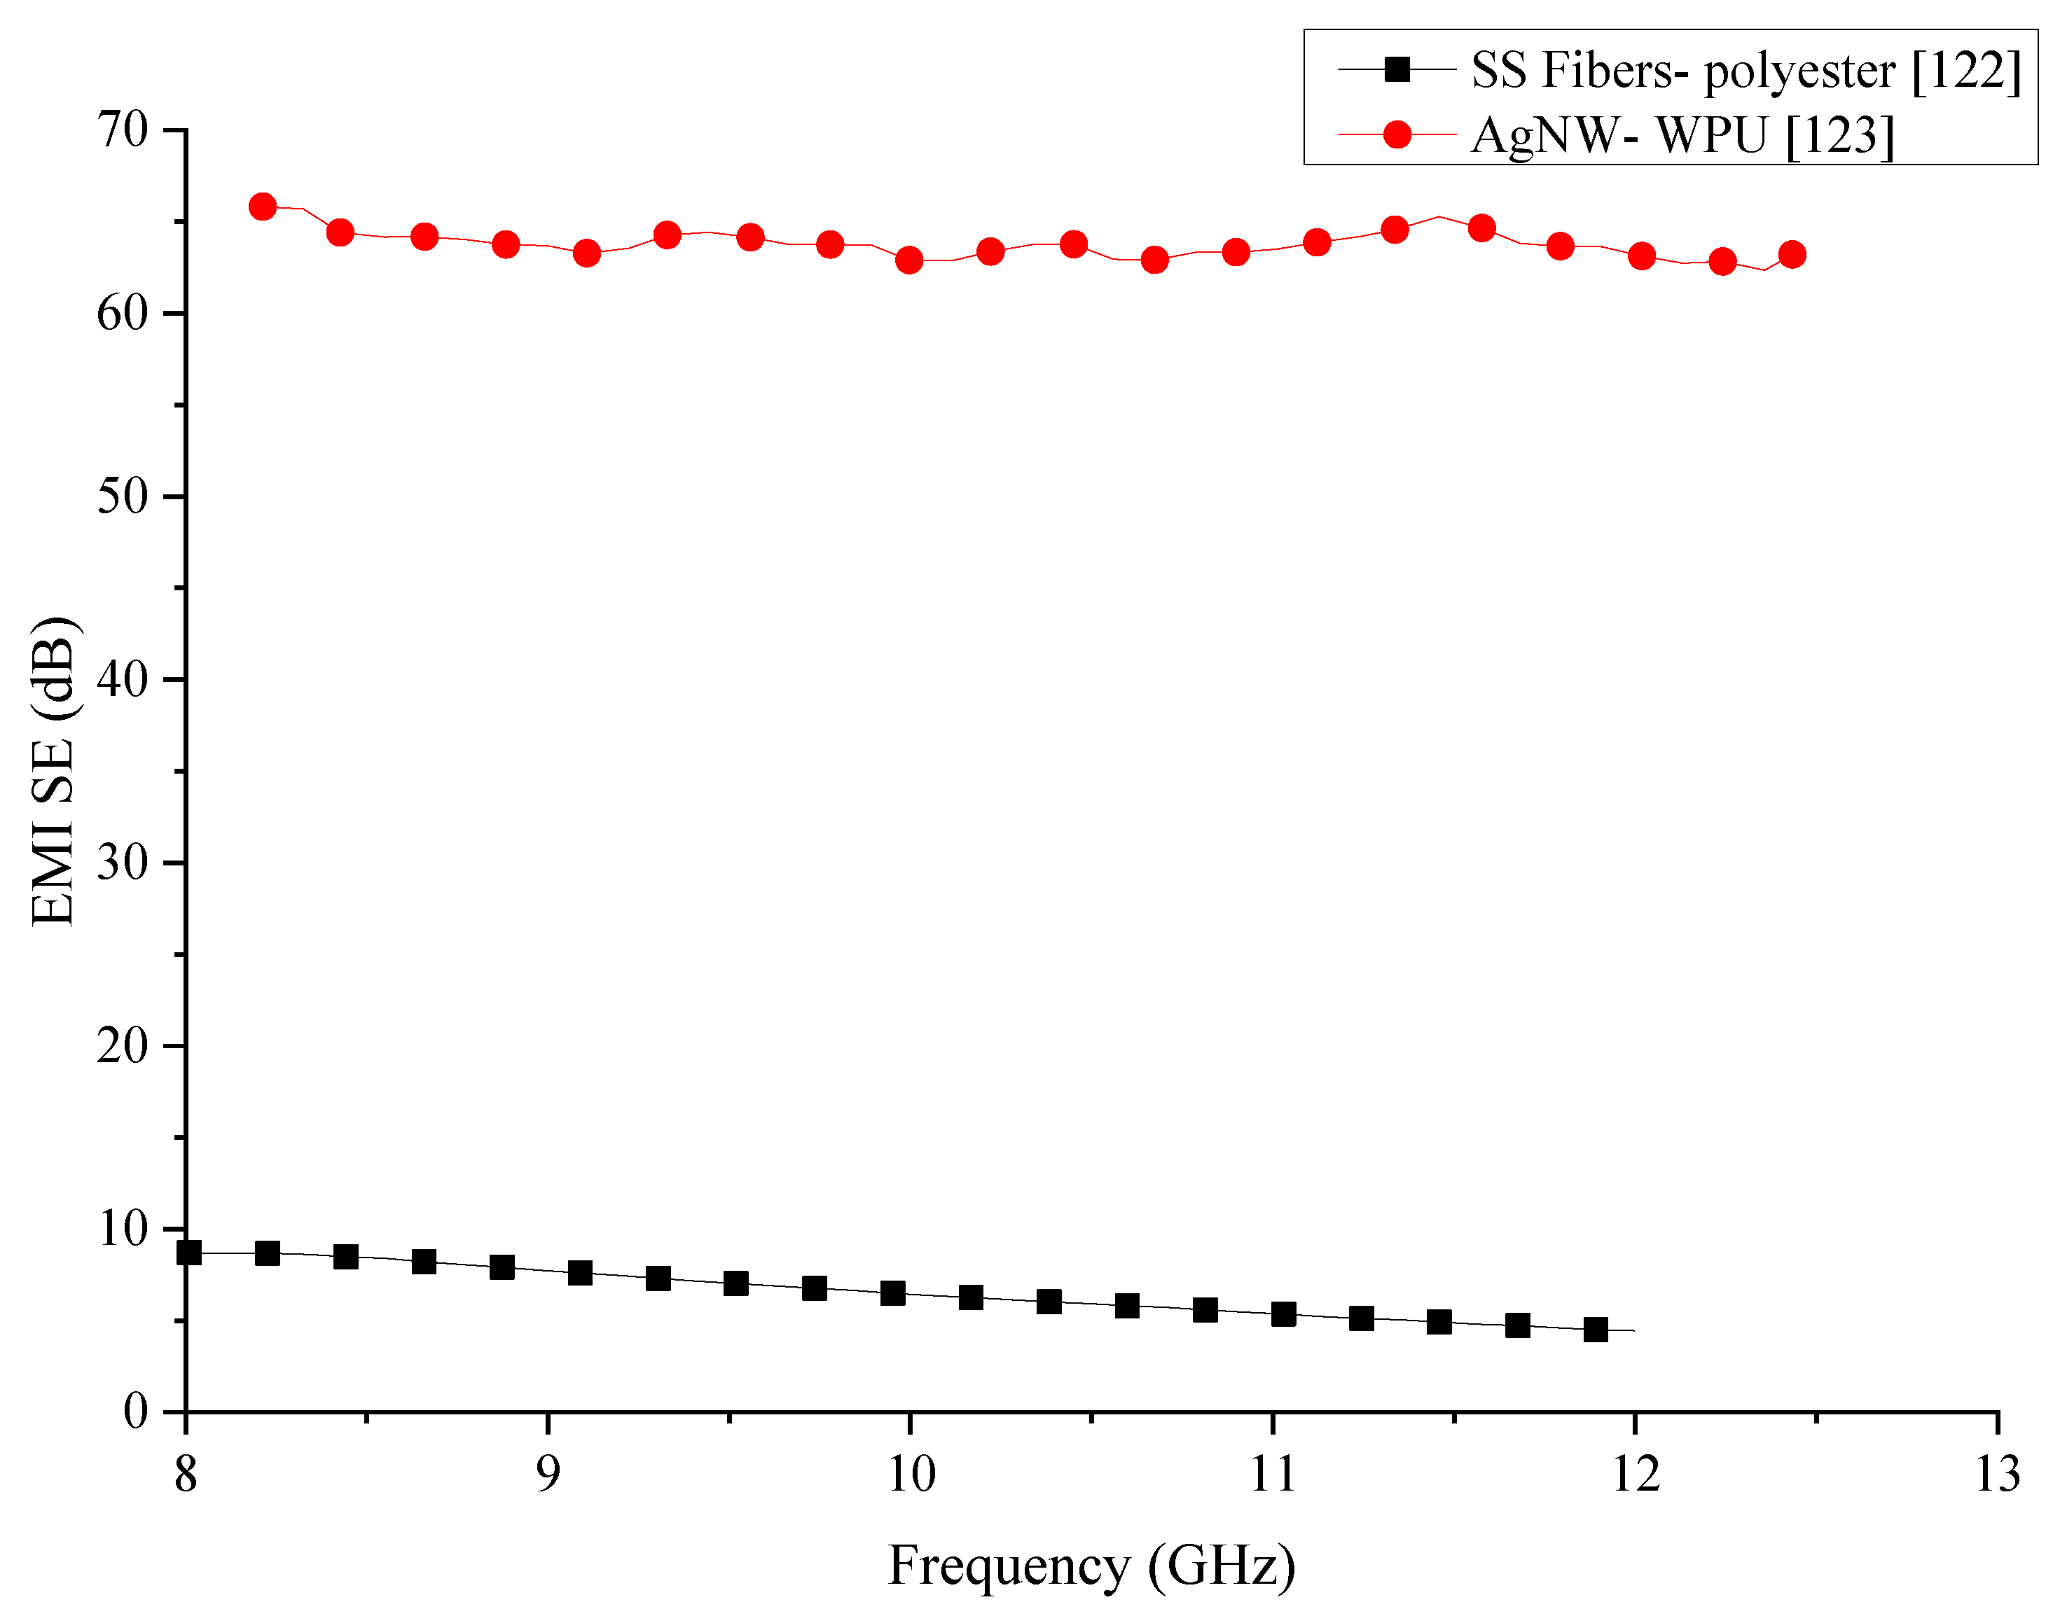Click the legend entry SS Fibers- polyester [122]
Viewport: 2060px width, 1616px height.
(1744, 70)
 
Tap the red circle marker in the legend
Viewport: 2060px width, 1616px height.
(1396, 135)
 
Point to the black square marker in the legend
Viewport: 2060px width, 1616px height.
(1396, 69)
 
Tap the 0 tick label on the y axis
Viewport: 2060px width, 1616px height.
(135, 1411)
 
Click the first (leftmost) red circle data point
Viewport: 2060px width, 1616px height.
(262, 207)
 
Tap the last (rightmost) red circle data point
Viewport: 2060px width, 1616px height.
(1791, 254)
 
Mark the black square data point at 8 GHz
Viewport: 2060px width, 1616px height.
(188, 1253)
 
